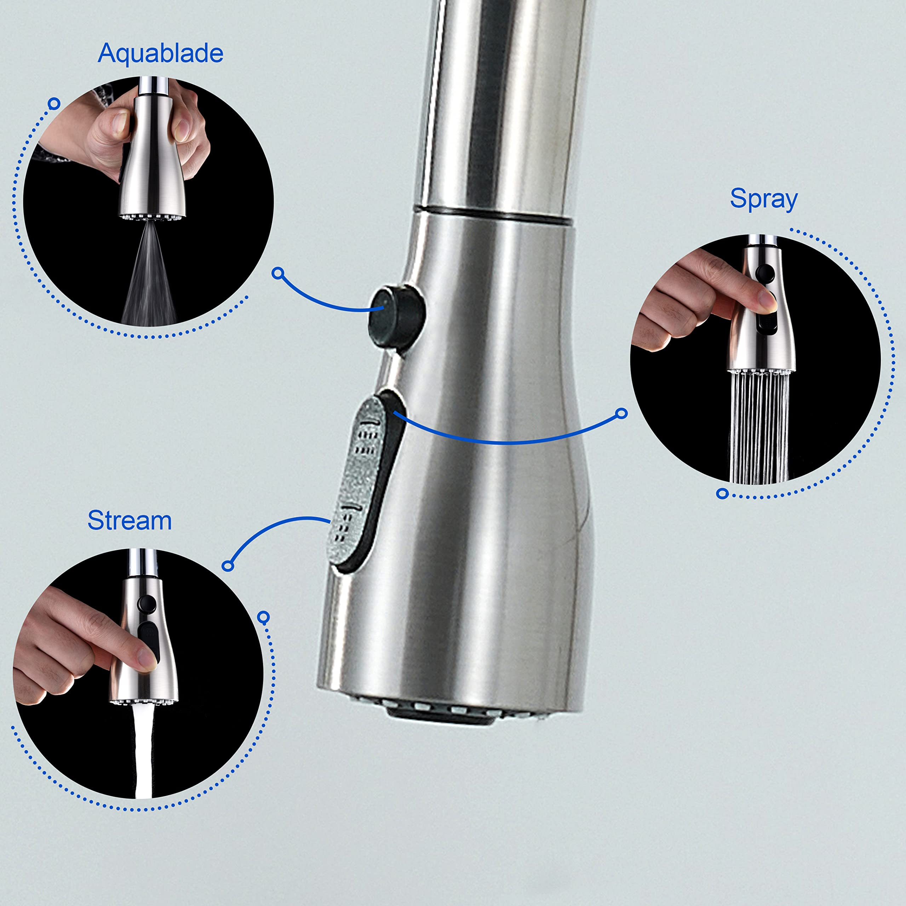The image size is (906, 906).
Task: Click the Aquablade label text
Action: click(160, 53)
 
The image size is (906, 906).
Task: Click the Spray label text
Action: click(763, 199)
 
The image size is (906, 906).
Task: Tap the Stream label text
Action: click(130, 521)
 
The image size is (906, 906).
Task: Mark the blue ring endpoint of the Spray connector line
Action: click(622, 413)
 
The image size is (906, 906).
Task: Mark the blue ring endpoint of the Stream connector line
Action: click(228, 566)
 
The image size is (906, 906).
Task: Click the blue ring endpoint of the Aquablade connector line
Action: click(278, 273)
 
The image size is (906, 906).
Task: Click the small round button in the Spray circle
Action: click(765, 273)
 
